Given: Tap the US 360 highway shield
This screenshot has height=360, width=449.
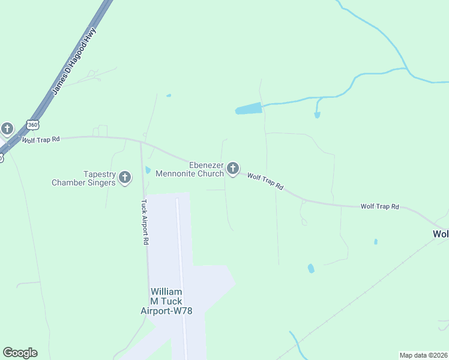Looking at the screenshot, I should coord(32,125).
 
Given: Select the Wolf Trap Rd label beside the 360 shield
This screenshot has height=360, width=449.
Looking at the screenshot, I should coord(41,140).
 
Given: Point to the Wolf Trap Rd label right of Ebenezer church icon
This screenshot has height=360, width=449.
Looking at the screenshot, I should coord(265,181).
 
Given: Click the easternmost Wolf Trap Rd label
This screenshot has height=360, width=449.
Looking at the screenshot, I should coord(379,206).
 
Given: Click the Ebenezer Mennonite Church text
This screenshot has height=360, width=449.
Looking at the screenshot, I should coord(189,169).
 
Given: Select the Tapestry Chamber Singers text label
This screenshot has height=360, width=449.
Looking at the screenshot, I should coord(83,178).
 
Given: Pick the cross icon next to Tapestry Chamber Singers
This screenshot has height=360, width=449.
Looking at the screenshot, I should coord(125,177).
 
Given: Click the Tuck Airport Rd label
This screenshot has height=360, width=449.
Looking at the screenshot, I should coord(145,222).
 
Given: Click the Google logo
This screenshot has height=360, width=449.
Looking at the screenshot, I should coord(20,353).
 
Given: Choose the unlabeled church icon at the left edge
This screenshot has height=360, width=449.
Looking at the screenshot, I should coord(7,128).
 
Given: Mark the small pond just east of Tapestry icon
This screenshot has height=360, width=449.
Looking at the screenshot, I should coord(148,170).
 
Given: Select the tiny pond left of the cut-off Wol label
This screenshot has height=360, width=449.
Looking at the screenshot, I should coord(376,242).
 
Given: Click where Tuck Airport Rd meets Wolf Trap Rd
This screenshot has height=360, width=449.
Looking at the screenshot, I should coord(141,142).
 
